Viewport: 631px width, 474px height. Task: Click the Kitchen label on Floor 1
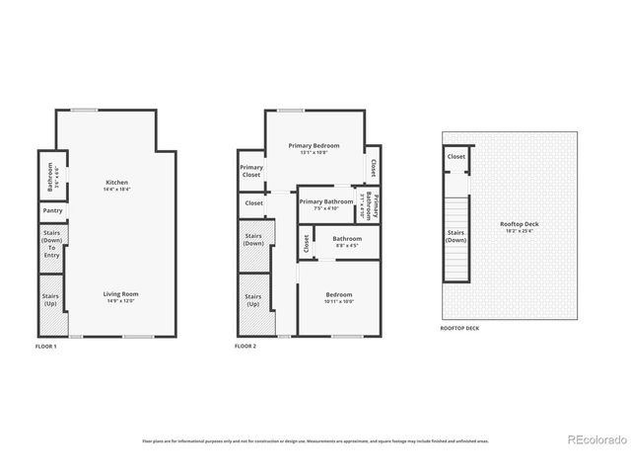pos(116,186)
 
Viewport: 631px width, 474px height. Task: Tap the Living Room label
pos(123,296)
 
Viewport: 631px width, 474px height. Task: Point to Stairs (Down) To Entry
pos(52,245)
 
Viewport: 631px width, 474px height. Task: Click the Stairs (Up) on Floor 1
pos(50,299)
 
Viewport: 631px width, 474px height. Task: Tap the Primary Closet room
pos(250,171)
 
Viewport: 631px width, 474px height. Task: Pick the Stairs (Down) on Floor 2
pos(252,244)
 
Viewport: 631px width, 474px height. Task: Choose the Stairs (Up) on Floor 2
pos(252,299)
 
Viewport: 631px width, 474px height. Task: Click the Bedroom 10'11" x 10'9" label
pos(338,297)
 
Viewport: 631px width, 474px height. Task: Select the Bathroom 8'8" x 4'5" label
pos(346,242)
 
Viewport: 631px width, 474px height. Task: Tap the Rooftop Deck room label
pos(519,227)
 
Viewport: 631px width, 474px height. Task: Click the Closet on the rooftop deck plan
pos(456,157)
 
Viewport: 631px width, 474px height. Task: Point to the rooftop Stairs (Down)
pos(456,237)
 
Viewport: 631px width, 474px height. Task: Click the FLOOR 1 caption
pos(46,347)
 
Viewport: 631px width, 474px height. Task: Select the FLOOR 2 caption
pos(245,347)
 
